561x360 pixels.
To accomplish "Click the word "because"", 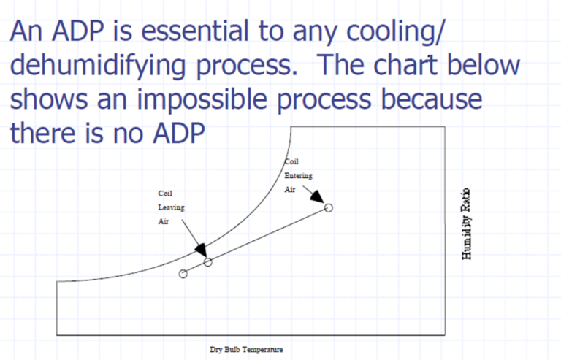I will point(411,100).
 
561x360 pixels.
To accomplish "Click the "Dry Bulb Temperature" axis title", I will point(246,350).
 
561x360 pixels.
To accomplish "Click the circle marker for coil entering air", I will point(328,208).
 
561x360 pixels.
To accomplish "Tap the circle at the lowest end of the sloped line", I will point(183,274).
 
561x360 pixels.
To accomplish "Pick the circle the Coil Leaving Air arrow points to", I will point(208,261).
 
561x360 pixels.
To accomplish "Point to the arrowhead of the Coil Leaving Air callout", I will point(200,250).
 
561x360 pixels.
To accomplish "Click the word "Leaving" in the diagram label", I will point(172,207).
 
